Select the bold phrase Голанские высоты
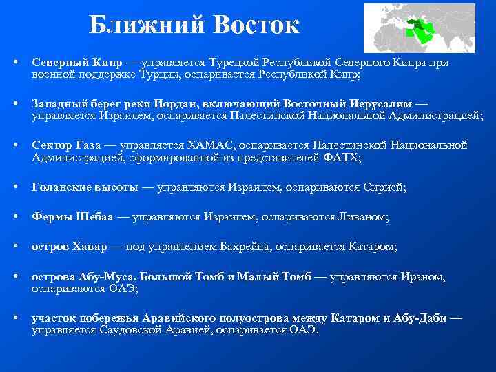point(83,187)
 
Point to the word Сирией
point(388,187)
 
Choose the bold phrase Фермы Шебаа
point(72,216)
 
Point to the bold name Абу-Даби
point(422,318)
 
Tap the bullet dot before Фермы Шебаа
point(15,216)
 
